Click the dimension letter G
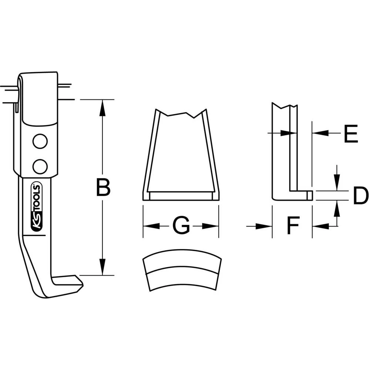click(181, 226)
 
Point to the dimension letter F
click(292, 226)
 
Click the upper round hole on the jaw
click(40, 141)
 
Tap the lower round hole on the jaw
click(40, 166)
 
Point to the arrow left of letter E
click(321, 132)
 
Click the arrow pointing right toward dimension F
click(265, 226)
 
